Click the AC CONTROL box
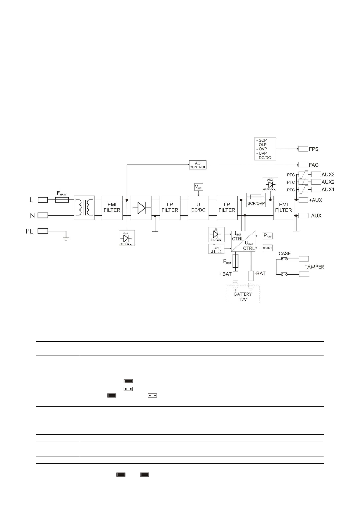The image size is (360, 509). click(198, 165)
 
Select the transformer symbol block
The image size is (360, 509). click(84, 208)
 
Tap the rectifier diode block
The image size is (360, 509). click(141, 208)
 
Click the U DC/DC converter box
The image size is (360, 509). click(198, 208)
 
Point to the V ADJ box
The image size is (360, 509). click(198, 187)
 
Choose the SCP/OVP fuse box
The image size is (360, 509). click(256, 200)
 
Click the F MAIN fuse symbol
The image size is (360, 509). click(62, 200)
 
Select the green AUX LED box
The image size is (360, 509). click(270, 184)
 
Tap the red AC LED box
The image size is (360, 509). click(127, 238)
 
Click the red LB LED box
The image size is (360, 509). click(216, 234)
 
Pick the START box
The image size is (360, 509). click(268, 248)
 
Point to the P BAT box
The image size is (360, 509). click(268, 236)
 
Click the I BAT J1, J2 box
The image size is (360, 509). click(216, 249)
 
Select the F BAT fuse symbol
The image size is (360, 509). click(235, 261)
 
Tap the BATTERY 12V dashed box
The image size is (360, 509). click(243, 295)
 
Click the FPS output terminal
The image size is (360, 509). click(303, 149)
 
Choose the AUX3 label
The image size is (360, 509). click(328, 175)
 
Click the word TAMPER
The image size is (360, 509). click(314, 267)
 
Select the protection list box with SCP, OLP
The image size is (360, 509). click(265, 149)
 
